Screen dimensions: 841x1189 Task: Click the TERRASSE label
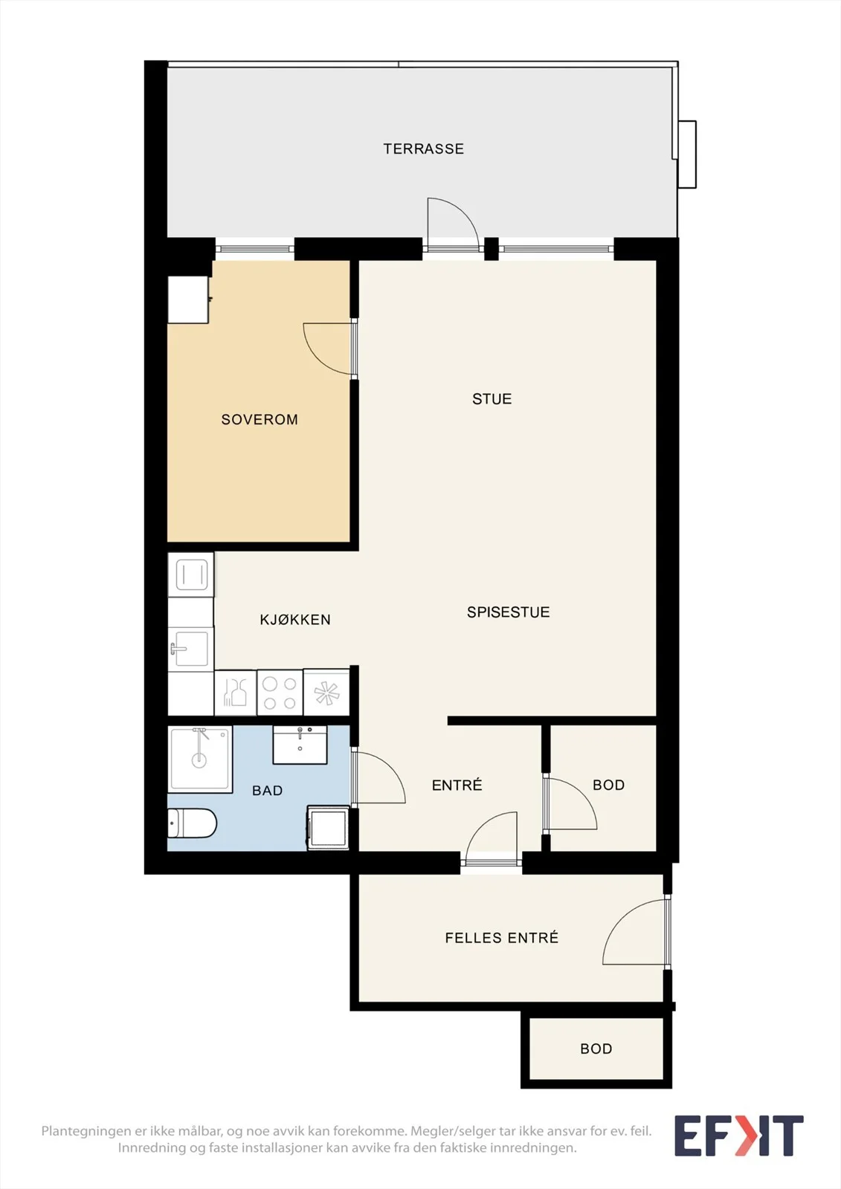[423, 149]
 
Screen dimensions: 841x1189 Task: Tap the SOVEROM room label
[260, 419]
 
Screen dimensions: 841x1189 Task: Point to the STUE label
[492, 398]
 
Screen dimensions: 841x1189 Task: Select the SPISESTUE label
[508, 612]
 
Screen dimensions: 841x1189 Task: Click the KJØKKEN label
[295, 620]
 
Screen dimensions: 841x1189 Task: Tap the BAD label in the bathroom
[267, 791]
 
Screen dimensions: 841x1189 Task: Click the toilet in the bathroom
[192, 823]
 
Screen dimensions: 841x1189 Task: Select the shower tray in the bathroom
[200, 759]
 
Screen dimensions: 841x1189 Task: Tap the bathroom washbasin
[300, 745]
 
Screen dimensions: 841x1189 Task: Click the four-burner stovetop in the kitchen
[280, 693]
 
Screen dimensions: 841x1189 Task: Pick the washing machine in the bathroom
[328, 828]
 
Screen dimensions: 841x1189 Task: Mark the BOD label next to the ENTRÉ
[608, 785]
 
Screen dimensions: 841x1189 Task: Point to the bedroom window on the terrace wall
[254, 248]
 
